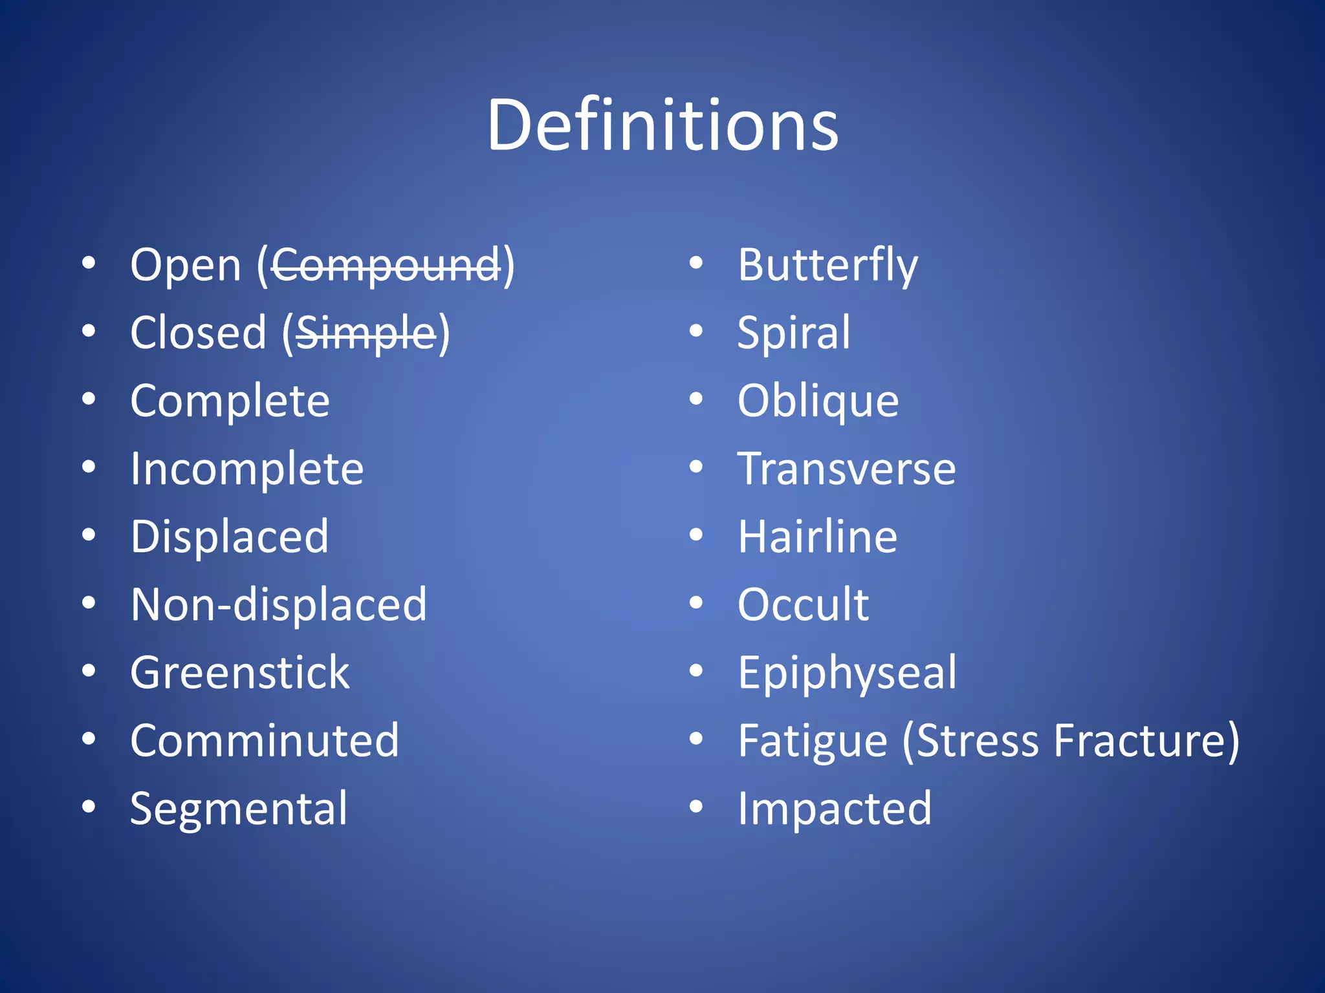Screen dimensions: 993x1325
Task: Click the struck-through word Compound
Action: click(386, 265)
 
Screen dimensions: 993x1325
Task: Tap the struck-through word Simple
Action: click(366, 333)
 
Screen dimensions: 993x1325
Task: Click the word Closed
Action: click(198, 333)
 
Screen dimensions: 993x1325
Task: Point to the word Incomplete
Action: click(246, 469)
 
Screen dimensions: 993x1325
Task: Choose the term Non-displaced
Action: click(278, 604)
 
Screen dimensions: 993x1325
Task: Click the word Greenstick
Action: click(239, 672)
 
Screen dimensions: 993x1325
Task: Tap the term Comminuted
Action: click(264, 740)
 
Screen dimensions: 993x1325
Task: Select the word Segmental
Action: click(238, 809)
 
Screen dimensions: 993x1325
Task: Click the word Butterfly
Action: click(827, 265)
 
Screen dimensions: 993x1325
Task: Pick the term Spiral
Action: click(793, 333)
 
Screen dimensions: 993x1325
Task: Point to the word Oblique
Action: click(818, 401)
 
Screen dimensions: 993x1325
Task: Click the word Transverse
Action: click(846, 469)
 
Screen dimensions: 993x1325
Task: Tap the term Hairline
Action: click(817, 537)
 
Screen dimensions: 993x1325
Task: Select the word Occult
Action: click(803, 604)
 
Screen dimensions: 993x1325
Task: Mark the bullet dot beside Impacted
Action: click(695, 807)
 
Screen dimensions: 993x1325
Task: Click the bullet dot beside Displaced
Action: click(89, 535)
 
